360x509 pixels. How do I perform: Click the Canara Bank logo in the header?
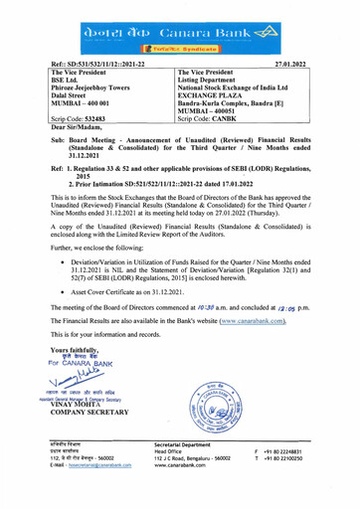[179, 19]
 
